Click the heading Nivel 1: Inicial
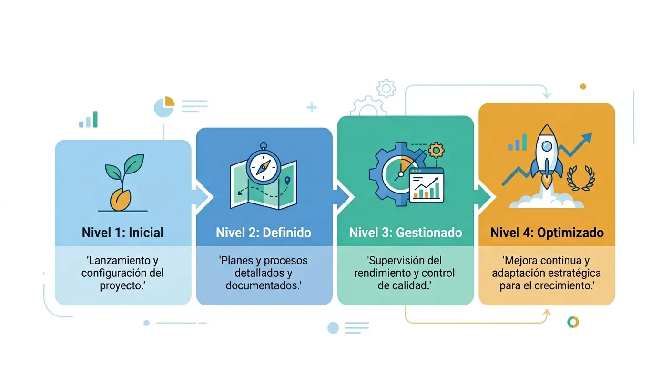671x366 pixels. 123,233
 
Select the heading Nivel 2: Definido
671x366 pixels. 264,233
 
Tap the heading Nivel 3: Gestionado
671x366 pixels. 406,233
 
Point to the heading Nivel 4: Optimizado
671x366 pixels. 547,233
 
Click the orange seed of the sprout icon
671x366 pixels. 121,200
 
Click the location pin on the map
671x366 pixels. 287,180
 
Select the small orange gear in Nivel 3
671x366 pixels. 436,150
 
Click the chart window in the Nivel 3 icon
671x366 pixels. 426,185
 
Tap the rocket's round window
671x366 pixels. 547,146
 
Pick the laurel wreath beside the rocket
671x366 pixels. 580,178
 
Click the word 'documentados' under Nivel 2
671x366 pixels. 262,285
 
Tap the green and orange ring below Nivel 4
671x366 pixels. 573,322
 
